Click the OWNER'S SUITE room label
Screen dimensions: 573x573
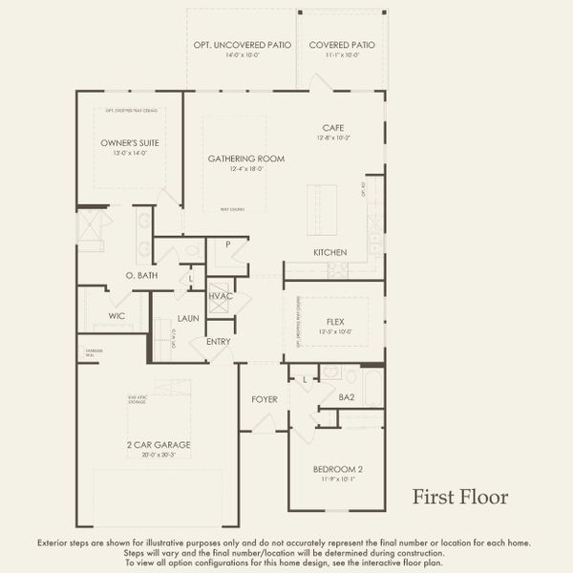(x=130, y=143)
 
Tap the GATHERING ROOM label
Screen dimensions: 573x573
(x=246, y=159)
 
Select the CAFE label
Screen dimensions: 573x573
(x=332, y=128)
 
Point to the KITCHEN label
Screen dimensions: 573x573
(x=329, y=252)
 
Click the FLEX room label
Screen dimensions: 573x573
(x=335, y=322)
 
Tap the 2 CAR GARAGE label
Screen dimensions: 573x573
(x=158, y=445)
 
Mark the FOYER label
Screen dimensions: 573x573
(x=265, y=398)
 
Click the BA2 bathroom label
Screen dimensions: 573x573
(x=347, y=395)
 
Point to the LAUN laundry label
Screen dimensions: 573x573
(x=187, y=319)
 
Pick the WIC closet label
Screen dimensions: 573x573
(x=117, y=315)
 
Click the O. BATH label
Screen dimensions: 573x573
(x=141, y=275)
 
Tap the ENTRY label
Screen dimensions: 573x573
(x=219, y=342)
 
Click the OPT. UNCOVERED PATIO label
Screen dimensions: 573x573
(x=241, y=45)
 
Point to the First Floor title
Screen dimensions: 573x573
(x=460, y=497)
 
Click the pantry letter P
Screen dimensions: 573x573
(x=228, y=244)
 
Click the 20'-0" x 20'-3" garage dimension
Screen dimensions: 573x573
(x=158, y=456)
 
